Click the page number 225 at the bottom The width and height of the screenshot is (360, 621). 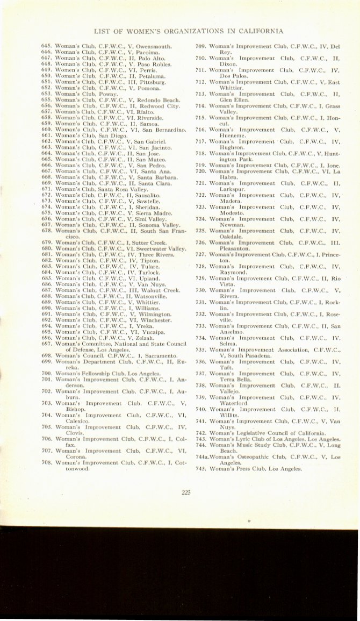tap(186, 491)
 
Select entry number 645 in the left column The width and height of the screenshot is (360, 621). tap(47, 47)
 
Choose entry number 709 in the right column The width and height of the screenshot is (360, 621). tap(200, 47)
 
